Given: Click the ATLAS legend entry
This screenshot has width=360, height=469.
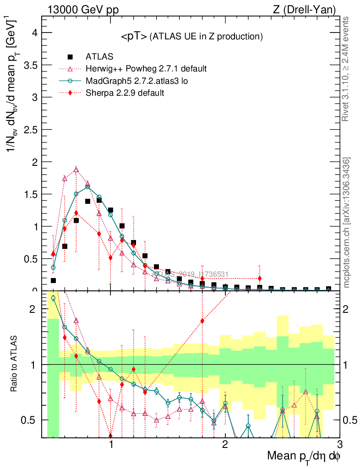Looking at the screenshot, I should [99, 57].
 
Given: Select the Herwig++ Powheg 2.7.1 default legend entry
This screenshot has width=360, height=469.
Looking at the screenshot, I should [146, 69].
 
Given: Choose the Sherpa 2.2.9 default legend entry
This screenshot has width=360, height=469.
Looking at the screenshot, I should [125, 93].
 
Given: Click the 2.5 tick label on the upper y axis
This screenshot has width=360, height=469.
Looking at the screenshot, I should [31, 130].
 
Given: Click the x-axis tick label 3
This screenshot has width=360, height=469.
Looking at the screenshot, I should [339, 445].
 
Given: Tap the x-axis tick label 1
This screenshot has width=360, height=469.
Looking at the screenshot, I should [111, 445].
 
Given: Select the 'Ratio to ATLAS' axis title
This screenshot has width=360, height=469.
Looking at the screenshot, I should [15, 364].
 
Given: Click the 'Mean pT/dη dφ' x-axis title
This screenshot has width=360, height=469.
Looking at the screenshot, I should [304, 456].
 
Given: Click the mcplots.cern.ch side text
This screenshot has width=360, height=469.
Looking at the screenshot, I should [346, 223].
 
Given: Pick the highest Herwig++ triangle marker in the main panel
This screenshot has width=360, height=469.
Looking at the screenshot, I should [76, 169].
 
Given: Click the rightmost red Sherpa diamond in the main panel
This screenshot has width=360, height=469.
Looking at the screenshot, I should [260, 278].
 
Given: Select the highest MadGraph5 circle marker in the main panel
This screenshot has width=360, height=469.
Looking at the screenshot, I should [87, 187].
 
